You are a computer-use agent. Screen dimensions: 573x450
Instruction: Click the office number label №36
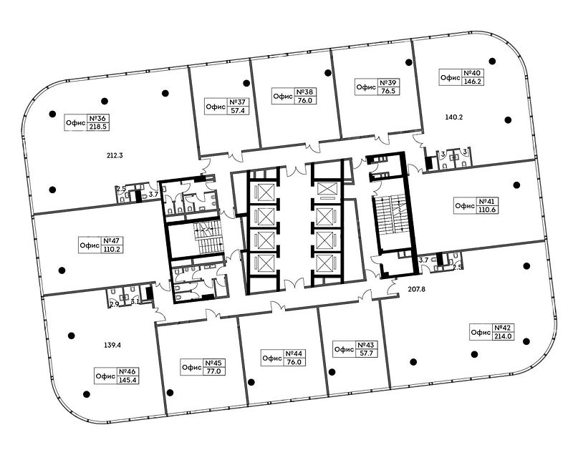(x=97, y=119)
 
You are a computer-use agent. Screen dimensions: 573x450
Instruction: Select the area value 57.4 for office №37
(x=238, y=110)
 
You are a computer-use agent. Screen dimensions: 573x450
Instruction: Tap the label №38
(x=305, y=92)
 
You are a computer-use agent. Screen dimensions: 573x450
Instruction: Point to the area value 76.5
(x=388, y=92)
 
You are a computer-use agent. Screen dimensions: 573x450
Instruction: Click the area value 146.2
(x=473, y=82)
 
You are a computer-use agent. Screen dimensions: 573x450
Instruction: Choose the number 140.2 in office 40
(x=454, y=117)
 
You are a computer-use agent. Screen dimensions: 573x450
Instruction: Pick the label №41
(x=487, y=202)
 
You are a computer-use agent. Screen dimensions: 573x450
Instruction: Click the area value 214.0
(x=504, y=336)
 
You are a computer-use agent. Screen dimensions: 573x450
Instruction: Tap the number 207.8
(x=417, y=290)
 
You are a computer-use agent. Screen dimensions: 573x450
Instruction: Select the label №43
(x=366, y=345)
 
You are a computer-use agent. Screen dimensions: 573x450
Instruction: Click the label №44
(x=294, y=353)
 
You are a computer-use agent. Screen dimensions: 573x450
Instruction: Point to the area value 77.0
(x=214, y=371)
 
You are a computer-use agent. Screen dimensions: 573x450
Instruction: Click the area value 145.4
(x=127, y=380)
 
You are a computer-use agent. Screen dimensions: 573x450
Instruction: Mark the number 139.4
(x=112, y=345)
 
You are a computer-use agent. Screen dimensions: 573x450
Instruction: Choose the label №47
(x=112, y=241)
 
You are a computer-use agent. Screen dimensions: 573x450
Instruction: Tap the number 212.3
(x=115, y=155)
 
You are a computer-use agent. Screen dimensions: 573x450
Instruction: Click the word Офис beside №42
(x=481, y=333)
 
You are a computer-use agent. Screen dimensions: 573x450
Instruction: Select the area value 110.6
(x=487, y=210)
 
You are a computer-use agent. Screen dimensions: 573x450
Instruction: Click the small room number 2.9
(x=115, y=303)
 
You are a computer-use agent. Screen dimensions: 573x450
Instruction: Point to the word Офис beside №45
(x=192, y=367)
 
